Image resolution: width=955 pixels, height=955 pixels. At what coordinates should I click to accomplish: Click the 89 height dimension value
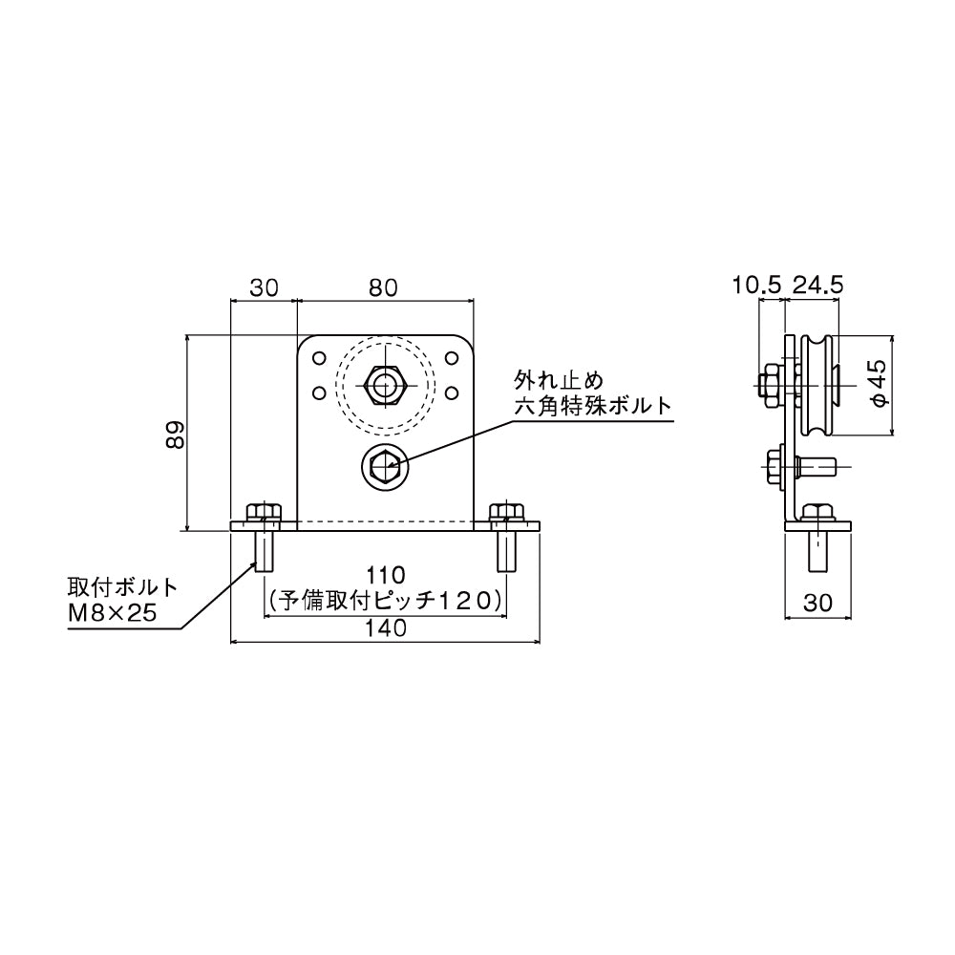(x=173, y=435)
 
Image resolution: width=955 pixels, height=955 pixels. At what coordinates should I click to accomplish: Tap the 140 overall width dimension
(x=386, y=627)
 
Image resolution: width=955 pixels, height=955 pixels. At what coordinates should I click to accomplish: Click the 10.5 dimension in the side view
(x=757, y=284)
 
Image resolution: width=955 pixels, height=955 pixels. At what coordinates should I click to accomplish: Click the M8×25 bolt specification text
(x=111, y=614)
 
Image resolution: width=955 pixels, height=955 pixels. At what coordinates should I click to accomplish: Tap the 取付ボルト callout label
(x=122, y=586)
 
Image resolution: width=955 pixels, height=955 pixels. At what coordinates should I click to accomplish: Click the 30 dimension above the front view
(x=265, y=286)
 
